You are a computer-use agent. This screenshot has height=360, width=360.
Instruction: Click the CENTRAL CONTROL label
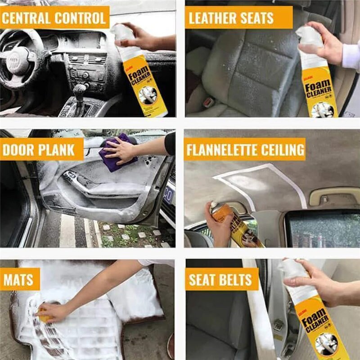coord(54,18)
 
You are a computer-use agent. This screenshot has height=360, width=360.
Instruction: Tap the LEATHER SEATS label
coord(231,18)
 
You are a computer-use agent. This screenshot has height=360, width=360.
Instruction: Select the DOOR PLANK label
coord(39,149)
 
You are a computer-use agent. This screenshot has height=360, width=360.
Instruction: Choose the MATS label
coord(19,279)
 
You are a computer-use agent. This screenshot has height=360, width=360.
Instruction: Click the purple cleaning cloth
coord(115,153)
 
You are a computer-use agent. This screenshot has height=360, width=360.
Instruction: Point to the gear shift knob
coord(80,90)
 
